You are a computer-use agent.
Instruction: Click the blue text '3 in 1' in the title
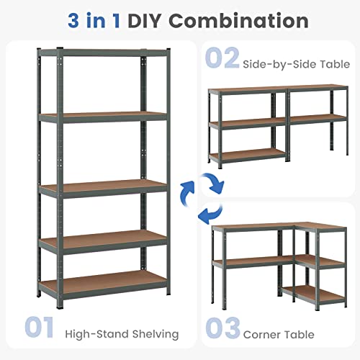click(x=96, y=20)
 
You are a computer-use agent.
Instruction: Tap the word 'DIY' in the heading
click(x=150, y=20)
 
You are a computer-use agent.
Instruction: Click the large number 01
click(x=39, y=328)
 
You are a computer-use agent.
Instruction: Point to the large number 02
click(x=222, y=57)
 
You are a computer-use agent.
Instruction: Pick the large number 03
click(x=222, y=328)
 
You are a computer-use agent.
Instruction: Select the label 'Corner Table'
click(x=279, y=334)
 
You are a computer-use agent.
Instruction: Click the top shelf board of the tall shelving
click(x=101, y=50)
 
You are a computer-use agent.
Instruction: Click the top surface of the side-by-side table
click(x=277, y=91)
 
